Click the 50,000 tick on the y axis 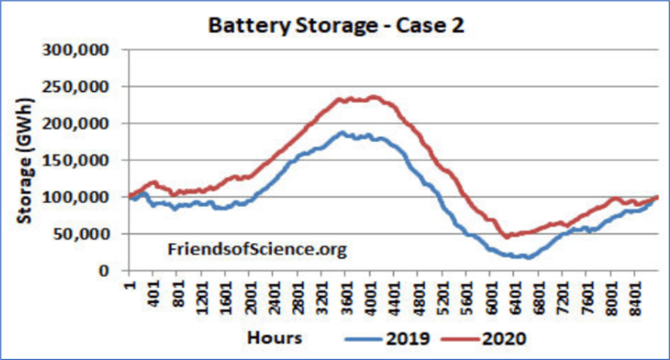click(x=82, y=234)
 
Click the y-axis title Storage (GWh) click(x=24, y=160)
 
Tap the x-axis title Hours click(x=274, y=336)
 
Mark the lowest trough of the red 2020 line click(x=507, y=236)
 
